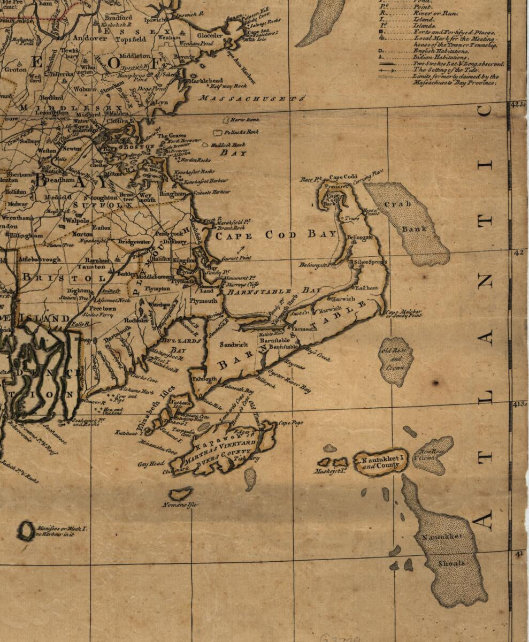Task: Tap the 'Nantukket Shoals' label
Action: click(x=442, y=550)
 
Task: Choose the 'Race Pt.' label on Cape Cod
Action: click(x=310, y=179)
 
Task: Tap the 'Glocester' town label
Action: click(x=210, y=35)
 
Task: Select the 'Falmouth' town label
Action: click(x=204, y=379)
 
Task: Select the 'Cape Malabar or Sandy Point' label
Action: click(x=404, y=314)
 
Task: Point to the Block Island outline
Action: click(x=26, y=531)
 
